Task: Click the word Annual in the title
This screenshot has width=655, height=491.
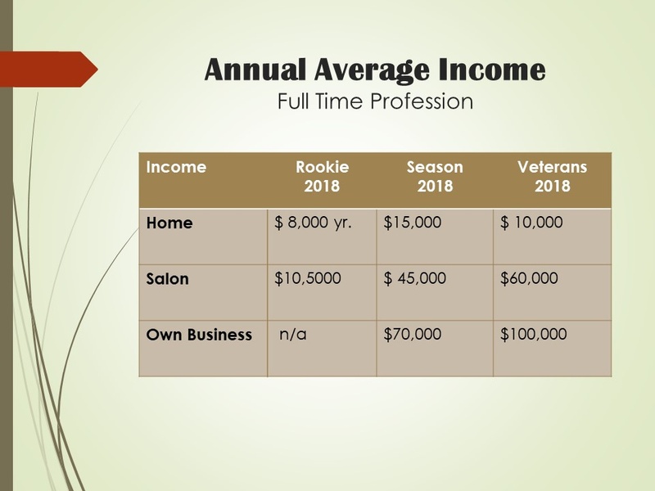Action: pos(255,70)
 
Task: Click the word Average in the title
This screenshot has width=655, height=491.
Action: pos(372,71)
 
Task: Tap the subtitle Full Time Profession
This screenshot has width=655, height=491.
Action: pos(375,101)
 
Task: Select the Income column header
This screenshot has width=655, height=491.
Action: pos(176,167)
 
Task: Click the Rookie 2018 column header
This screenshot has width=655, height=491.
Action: pos(322,176)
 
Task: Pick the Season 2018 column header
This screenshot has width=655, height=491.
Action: pos(435,176)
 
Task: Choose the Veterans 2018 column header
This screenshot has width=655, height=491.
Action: pos(552,176)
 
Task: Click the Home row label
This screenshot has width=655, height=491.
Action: pos(169,223)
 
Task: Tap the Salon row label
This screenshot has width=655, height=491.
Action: pos(167,278)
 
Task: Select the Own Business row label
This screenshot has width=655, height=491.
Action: pos(199,335)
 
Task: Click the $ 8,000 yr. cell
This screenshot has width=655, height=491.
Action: pos(313,223)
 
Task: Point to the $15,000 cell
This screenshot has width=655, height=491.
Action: pos(413,223)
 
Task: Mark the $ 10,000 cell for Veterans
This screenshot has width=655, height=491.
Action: pos(531,223)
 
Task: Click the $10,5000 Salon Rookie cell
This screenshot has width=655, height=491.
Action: pos(308,278)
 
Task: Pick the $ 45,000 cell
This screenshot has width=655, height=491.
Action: pos(415,278)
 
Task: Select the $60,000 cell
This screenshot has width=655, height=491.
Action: pos(529,278)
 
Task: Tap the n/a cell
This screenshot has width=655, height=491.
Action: pos(293,334)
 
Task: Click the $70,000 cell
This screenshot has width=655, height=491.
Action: pos(413,334)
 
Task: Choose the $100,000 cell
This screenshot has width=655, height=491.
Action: pos(534,334)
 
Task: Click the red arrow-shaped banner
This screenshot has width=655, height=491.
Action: pos(49,70)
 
